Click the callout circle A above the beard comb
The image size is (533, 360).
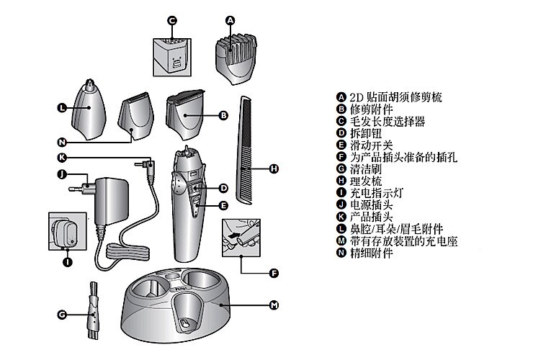[x=230, y=21]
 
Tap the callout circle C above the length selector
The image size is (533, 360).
[x=172, y=21]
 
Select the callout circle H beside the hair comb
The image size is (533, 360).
[x=274, y=168]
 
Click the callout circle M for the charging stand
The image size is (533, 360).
[x=274, y=305]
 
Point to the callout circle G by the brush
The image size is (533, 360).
[x=62, y=315]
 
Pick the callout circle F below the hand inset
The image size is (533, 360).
[x=274, y=274]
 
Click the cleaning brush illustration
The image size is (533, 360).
[x=94, y=310]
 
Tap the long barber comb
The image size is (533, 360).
[x=246, y=150]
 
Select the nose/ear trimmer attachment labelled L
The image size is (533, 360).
[x=89, y=109]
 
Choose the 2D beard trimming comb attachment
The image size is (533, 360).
[x=236, y=58]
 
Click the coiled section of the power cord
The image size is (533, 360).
[x=127, y=251]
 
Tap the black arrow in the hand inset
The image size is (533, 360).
[x=235, y=235]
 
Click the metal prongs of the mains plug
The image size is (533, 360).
[x=77, y=187]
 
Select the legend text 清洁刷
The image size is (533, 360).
[x=366, y=169]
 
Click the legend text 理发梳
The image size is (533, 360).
[x=366, y=181]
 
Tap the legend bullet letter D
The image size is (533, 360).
[x=341, y=133]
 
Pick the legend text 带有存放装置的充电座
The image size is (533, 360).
[x=404, y=241]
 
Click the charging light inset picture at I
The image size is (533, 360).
[x=67, y=231]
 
